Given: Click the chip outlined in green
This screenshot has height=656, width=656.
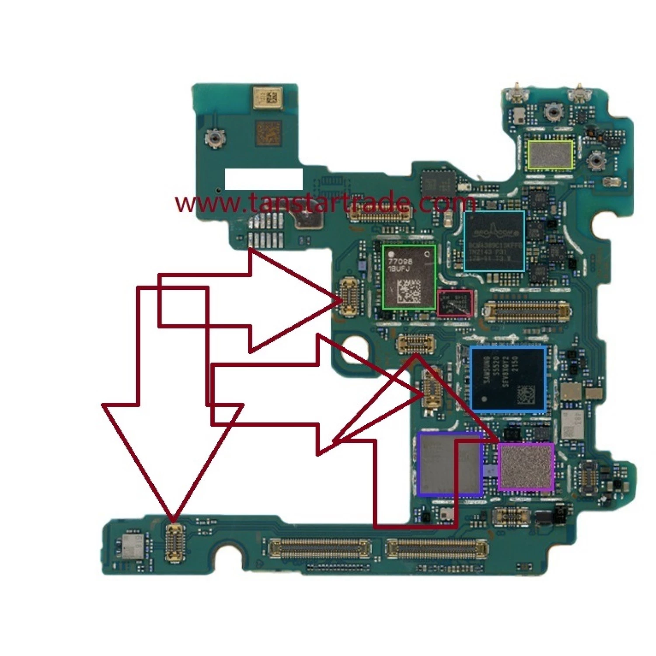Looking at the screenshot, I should pos(409,277).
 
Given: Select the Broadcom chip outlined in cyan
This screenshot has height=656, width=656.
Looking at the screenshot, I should pos(494,241).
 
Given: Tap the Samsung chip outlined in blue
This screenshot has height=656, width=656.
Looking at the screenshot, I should pos(508,379).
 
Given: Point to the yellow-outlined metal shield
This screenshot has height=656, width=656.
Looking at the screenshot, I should pos(550,154).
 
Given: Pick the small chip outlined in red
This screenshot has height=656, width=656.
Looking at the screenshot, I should pos(455,303).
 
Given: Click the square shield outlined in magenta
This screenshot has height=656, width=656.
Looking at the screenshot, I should pos(526,466).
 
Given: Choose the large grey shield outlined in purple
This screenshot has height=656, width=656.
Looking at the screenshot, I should pos(450,464).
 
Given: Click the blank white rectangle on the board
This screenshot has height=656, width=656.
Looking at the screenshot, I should pos(264,179).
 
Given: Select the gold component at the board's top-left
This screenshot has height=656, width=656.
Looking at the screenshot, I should pos(267,98).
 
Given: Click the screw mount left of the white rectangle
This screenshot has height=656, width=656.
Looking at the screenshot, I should pos(214,138).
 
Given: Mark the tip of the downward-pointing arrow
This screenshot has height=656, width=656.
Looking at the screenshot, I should pos(174,520).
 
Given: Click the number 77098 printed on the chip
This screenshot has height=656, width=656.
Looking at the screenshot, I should pos(400,261).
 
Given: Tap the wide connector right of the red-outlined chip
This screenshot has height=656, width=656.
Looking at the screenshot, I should pos(526,311).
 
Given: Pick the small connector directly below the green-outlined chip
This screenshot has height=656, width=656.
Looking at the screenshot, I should pos(415,344).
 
